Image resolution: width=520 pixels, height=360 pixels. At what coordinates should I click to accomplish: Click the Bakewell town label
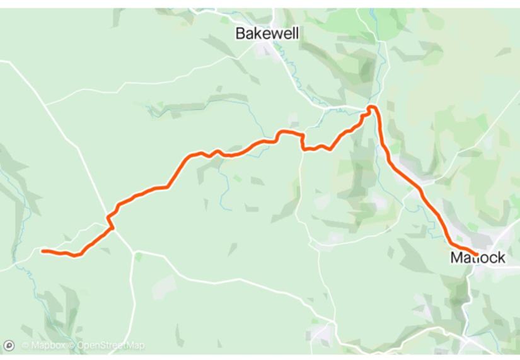267,33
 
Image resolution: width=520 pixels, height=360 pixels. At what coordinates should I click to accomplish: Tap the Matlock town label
477,258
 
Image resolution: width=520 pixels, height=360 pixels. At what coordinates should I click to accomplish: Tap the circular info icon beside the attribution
9,345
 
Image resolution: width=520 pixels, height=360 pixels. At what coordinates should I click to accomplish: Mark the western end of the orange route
42,251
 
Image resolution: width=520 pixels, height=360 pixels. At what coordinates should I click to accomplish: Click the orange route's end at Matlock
476,255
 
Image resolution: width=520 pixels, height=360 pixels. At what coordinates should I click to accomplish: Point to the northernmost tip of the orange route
373,107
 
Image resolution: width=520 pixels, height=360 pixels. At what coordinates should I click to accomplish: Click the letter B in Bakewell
240,33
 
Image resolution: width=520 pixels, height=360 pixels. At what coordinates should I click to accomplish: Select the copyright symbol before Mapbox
25,345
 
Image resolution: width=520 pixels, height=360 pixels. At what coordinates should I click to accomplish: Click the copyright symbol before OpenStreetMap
72,345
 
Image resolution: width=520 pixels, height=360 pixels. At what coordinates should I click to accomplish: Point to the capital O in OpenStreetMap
81,345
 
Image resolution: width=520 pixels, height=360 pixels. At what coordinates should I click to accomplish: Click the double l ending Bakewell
295,33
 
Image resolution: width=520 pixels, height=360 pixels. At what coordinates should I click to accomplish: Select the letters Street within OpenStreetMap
114,345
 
